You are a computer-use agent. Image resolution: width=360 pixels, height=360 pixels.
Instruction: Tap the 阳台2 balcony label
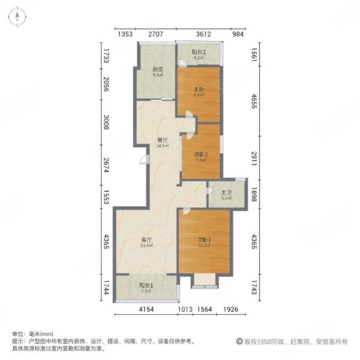pos(199,53)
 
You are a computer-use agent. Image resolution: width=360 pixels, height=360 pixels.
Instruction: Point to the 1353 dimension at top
pos(124,35)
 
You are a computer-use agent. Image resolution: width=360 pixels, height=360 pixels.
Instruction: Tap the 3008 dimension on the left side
pos(106,124)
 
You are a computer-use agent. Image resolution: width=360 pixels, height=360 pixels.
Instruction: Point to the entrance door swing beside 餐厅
pos(143,160)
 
